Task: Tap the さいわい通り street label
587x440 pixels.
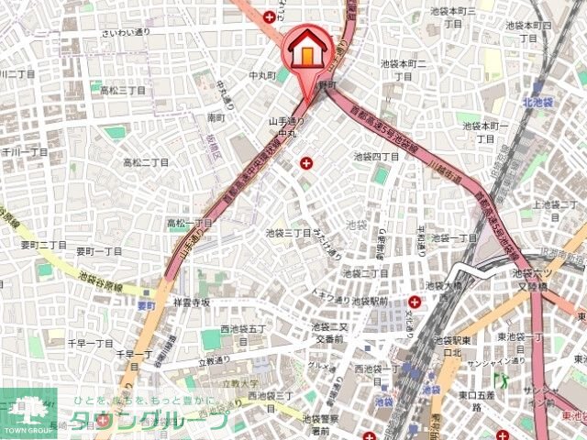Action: pos(127,33)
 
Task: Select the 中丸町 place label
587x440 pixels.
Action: pos(261,74)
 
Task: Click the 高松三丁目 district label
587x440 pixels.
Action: pos(123,90)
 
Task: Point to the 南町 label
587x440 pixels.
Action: pos(216,118)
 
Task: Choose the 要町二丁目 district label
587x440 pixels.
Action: pos(44,246)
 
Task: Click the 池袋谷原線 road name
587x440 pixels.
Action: pos(102,276)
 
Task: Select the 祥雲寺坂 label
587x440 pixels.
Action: pos(191,302)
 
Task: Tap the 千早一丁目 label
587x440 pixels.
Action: pos(89,341)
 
